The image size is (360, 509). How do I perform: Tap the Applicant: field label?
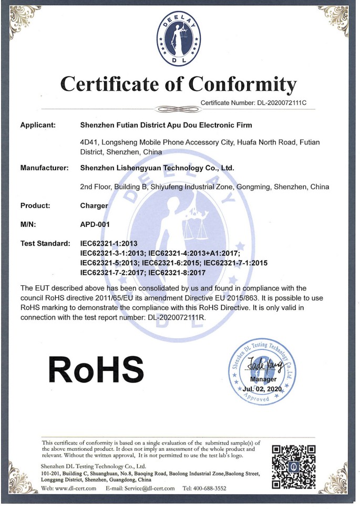pos(37,125)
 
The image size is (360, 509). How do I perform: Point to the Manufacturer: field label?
pos(45,168)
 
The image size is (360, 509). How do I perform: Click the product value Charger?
pos(94,205)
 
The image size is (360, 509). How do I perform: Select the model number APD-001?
pos(95,224)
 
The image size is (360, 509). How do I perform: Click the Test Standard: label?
pos(45,243)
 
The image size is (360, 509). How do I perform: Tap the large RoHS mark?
pos(96,368)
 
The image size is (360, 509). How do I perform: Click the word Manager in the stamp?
pos(262,379)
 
